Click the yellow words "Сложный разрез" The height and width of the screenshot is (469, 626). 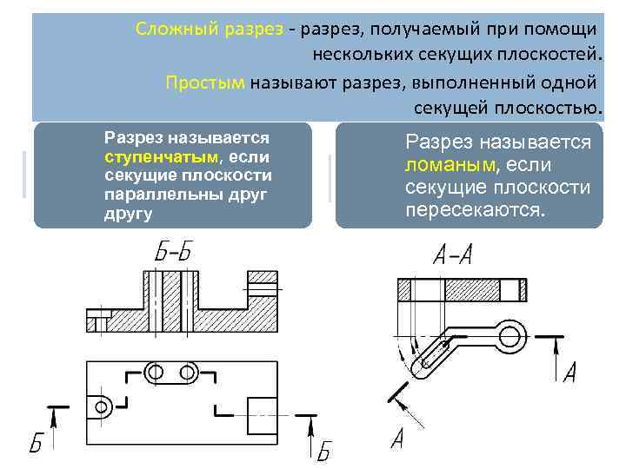[209, 29]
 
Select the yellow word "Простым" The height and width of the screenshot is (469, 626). [206, 83]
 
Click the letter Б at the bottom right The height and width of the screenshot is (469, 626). [323, 451]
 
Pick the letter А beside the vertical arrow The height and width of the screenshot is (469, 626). [570, 373]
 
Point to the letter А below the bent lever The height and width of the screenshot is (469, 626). [397, 438]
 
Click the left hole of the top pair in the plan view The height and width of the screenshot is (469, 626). [155, 372]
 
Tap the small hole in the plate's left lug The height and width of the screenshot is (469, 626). [100, 406]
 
